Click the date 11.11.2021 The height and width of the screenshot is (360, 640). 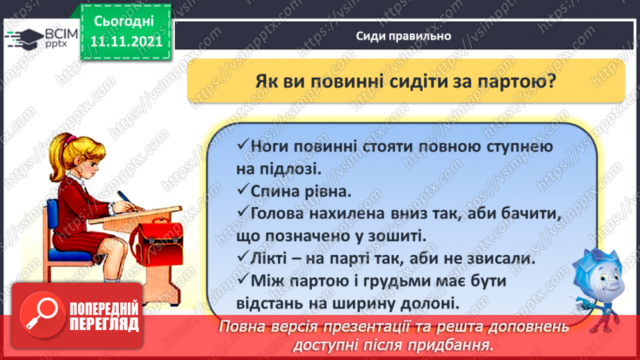pyautogui.click(x=126, y=41)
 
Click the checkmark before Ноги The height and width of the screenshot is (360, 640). pyautogui.click(x=243, y=147)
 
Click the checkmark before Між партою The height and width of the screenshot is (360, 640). pyautogui.click(x=243, y=280)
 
